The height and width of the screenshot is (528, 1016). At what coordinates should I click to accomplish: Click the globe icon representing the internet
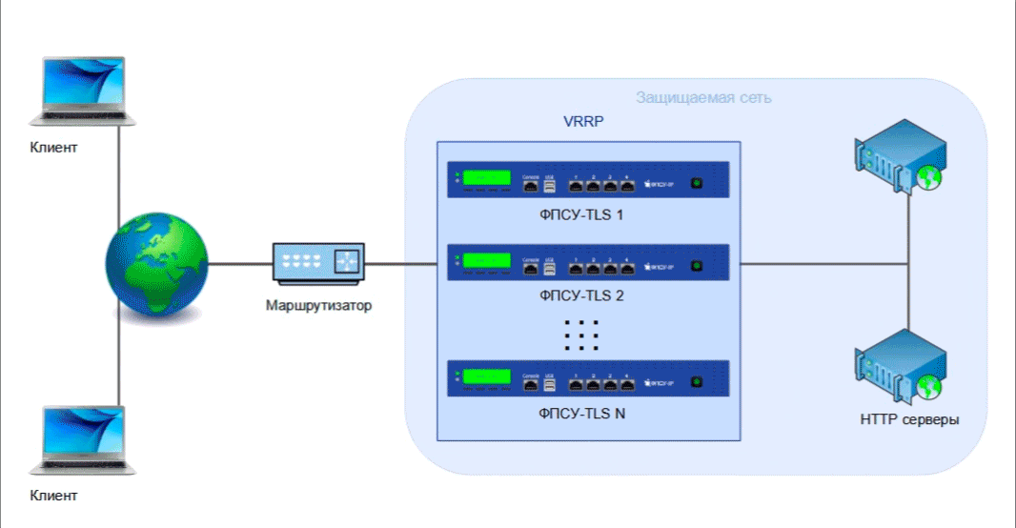pyautogui.click(x=157, y=263)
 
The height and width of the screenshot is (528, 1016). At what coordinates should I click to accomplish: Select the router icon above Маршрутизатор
pyautogui.click(x=318, y=262)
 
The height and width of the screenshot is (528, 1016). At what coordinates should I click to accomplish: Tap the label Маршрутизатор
pyautogui.click(x=318, y=306)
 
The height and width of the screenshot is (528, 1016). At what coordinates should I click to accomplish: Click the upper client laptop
pyautogui.click(x=83, y=91)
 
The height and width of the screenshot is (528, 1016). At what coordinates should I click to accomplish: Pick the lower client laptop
pyautogui.click(x=83, y=439)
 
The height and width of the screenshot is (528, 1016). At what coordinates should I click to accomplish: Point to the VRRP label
pyautogui.click(x=584, y=123)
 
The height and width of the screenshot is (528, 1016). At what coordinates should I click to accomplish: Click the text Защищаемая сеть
pyautogui.click(x=703, y=97)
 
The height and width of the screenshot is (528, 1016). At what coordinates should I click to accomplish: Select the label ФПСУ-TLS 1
pyautogui.click(x=581, y=215)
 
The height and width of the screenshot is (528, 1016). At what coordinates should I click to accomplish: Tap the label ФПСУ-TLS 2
pyautogui.click(x=581, y=295)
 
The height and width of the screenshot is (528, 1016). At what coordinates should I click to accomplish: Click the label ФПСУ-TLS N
pyautogui.click(x=581, y=414)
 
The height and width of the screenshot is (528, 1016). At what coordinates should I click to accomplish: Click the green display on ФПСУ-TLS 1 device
pyautogui.click(x=487, y=179)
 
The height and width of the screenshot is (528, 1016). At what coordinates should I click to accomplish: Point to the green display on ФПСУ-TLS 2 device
pyautogui.click(x=487, y=260)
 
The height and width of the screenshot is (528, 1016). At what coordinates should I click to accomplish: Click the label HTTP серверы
pyautogui.click(x=909, y=419)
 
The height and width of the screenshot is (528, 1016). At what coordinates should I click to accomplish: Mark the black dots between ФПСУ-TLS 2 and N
pyautogui.click(x=581, y=335)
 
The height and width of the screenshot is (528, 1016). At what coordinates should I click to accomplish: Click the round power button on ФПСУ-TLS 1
pyautogui.click(x=697, y=183)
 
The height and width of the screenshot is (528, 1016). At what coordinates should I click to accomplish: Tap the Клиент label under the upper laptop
pyautogui.click(x=53, y=148)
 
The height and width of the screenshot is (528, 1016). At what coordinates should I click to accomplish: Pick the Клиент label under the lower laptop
pyautogui.click(x=53, y=496)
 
